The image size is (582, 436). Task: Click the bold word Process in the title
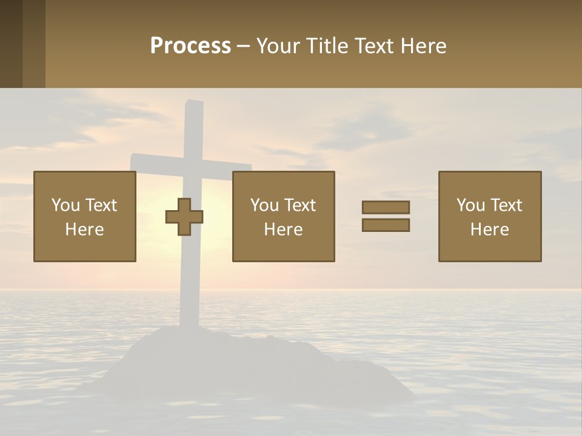coord(190,46)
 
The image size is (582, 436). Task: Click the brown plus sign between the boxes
coord(184,217)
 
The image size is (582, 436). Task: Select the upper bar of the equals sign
coord(386,207)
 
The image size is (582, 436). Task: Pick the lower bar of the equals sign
coord(386,225)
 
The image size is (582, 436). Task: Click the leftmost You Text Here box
coord(85,216)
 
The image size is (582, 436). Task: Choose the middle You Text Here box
coord(283,216)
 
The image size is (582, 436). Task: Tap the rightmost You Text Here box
coord(490,216)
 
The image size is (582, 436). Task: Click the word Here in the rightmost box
coord(490,230)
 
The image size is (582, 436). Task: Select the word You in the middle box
coord(264,205)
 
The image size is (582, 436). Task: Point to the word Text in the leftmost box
coord(101,205)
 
